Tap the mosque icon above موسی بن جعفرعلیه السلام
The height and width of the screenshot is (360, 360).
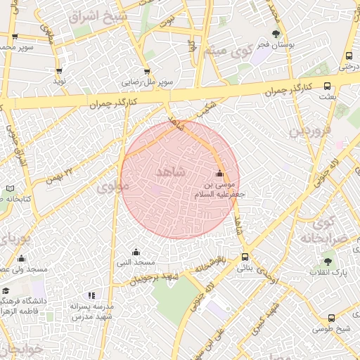[x=219, y=174]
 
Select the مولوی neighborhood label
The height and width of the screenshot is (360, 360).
[x=113, y=187]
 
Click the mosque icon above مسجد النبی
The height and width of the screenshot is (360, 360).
[x=136, y=252]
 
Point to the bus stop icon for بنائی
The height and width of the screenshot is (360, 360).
[x=245, y=257]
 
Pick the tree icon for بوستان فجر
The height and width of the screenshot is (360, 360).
[x=276, y=33]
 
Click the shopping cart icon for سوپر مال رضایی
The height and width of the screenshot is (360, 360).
[x=146, y=71]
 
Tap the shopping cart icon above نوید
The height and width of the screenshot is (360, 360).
[x=59, y=71]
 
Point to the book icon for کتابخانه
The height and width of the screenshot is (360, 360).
[x=8, y=188]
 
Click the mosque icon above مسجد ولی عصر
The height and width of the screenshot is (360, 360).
[x=22, y=259]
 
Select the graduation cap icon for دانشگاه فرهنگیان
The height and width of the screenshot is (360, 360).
[x=6, y=291]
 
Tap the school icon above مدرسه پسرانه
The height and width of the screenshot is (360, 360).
[x=91, y=295]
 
